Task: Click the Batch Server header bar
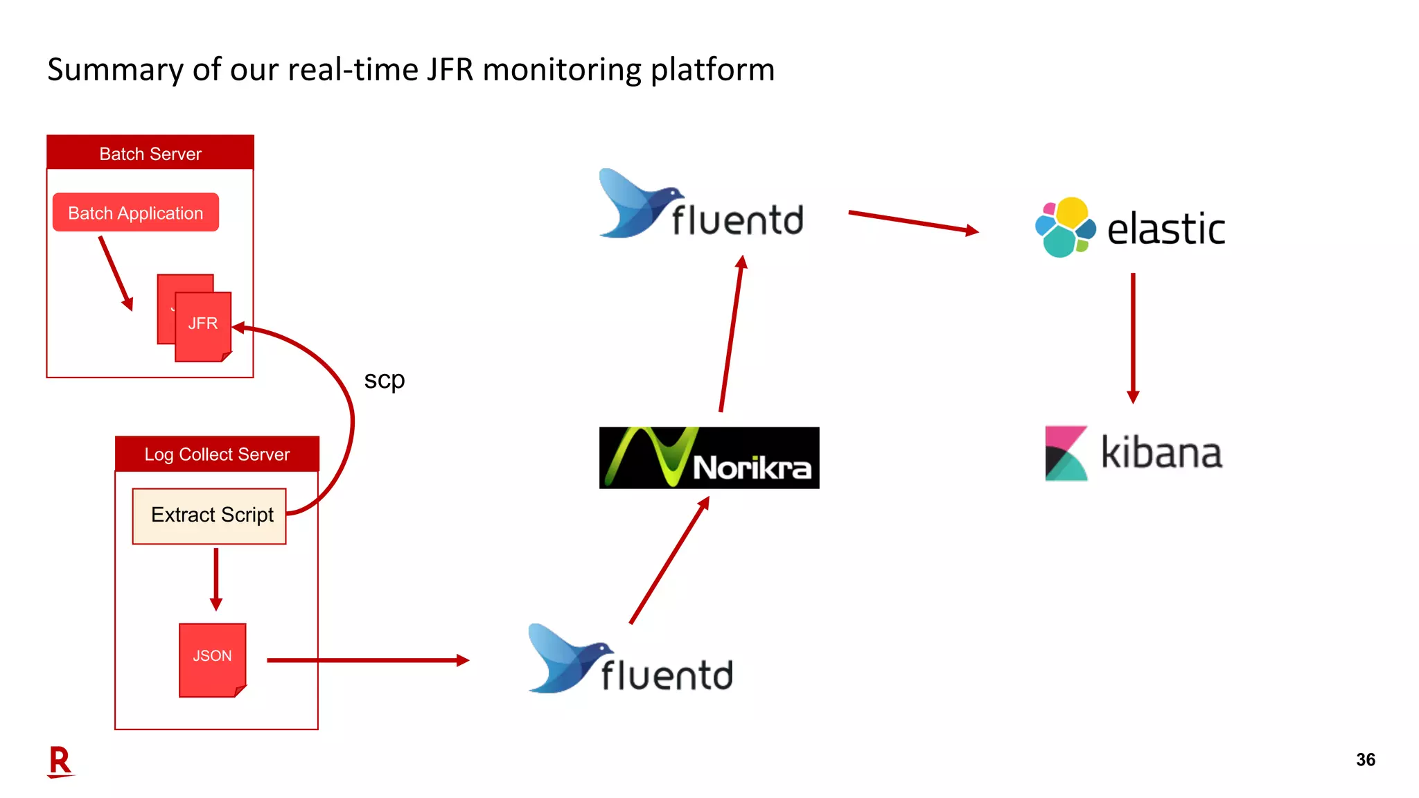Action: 150,153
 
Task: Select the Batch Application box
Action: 136,213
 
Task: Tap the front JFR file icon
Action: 203,326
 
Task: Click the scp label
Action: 384,380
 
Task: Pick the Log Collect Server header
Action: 217,454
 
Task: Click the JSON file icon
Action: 212,659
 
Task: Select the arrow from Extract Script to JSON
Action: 216,579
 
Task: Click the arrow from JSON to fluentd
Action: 367,660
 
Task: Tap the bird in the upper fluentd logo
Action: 640,204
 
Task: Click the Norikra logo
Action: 709,458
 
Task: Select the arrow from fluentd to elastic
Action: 913,222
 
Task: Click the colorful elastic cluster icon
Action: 1065,227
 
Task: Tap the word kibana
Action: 1161,454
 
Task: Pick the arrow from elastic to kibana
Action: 1133,338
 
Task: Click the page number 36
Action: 1365,760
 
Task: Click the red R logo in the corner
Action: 60,762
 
